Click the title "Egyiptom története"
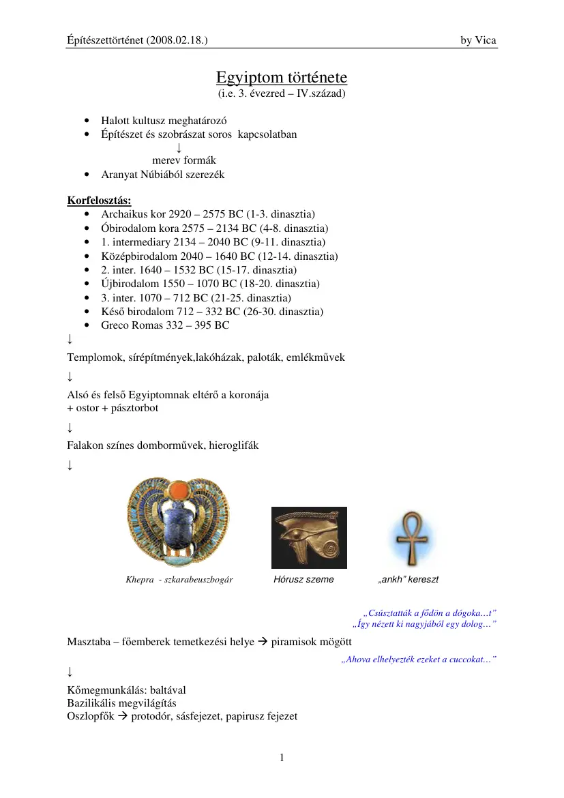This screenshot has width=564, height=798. point(282,76)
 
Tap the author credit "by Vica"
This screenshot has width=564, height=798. point(479,41)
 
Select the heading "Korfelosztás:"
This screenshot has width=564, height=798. point(99,201)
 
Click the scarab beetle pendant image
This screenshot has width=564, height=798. point(179,522)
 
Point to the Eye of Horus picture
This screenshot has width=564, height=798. point(309,537)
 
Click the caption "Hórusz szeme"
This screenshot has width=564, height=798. point(303,580)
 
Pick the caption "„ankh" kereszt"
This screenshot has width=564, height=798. point(408,580)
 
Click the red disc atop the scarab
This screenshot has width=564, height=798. point(180,490)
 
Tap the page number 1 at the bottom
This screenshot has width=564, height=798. point(282,757)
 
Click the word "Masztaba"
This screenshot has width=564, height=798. point(89,642)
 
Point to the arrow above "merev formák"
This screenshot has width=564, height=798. point(178,147)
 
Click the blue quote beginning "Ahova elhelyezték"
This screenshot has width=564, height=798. point(418,660)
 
